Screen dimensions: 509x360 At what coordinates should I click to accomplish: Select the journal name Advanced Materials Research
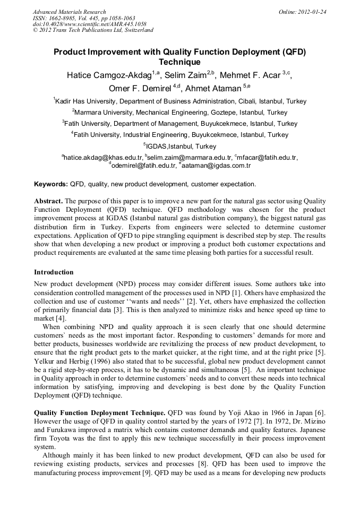[69, 12]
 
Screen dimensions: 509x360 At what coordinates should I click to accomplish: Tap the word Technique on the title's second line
[180, 62]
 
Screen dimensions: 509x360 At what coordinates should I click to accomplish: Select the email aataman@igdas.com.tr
[216, 166]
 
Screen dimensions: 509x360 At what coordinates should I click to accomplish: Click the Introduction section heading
[54, 272]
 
